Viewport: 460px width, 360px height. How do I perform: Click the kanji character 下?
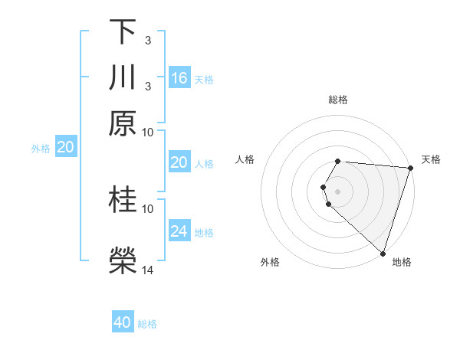123,31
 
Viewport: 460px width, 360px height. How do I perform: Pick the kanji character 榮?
123,261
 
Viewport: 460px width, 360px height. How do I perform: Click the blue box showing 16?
179,77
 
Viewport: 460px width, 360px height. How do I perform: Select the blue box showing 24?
179,231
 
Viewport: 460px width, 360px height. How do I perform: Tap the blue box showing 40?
123,322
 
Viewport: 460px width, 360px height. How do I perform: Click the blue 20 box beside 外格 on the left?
65,148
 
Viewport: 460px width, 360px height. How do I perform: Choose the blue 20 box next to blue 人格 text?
179,162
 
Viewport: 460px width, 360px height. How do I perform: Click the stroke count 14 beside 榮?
148,270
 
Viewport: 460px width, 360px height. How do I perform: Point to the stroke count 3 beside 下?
147,39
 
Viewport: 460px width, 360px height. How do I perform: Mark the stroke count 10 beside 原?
148,131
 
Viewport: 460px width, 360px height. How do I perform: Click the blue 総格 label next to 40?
147,324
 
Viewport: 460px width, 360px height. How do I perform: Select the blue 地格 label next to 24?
204,232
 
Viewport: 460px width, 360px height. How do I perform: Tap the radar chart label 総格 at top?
337,100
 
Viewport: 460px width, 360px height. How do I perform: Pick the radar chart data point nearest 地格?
383,253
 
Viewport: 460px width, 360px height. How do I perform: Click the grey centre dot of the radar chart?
337,191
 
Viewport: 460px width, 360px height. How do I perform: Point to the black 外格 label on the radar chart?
270,263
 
